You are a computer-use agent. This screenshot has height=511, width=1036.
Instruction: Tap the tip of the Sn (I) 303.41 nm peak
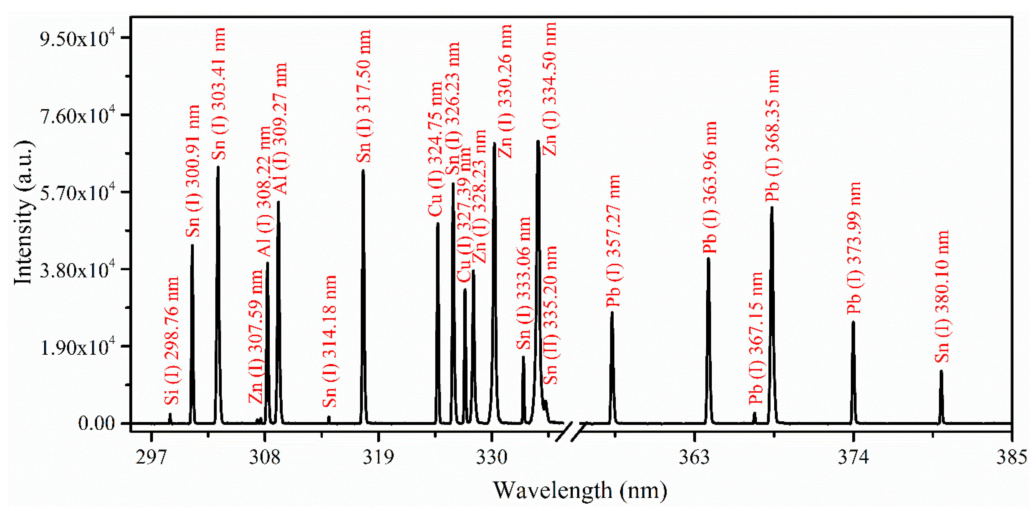218,167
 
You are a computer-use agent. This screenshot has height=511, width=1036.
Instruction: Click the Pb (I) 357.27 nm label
614,241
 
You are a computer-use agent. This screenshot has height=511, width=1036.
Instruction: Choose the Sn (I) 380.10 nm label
942,296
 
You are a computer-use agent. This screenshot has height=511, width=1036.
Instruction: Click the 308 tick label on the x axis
264,457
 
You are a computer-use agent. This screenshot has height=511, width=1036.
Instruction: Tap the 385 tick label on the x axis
1011,457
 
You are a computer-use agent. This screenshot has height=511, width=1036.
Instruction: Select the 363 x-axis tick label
694,457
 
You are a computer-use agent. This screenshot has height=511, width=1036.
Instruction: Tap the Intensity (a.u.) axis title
23,213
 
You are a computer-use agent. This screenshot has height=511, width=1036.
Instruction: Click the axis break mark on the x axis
571,432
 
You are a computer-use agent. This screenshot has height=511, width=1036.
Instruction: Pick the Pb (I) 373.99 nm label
854,248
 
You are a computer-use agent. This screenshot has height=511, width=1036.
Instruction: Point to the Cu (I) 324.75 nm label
435,149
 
